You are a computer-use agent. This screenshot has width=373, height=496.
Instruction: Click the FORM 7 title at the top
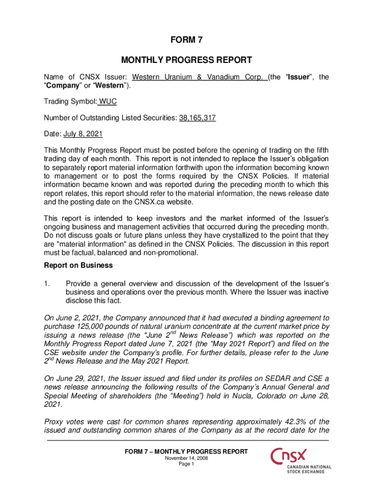coord(186,41)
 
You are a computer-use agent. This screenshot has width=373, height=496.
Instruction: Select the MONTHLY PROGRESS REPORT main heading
coord(186,60)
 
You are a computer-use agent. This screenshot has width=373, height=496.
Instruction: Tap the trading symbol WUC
coord(108,102)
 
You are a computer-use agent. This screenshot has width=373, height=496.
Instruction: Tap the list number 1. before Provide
coord(47,282)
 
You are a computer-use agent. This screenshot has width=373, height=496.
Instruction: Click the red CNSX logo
coord(289,456)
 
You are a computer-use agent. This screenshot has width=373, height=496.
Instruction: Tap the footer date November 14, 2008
coord(186,458)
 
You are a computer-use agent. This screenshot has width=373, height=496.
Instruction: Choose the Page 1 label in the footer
coord(186,464)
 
